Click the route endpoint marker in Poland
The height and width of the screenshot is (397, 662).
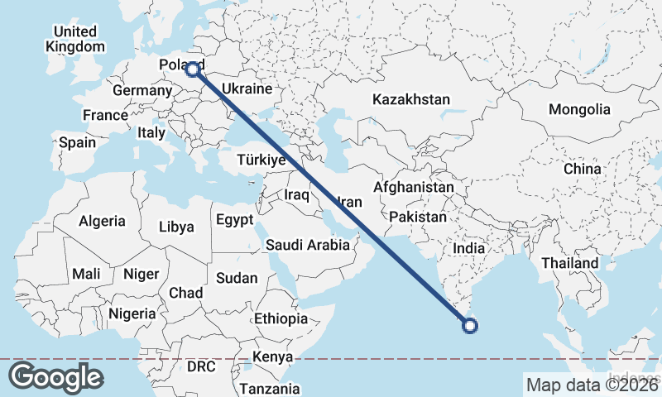click(x=192, y=69)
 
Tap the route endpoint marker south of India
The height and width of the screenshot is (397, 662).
click(x=470, y=326)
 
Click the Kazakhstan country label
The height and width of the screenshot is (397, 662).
click(x=411, y=99)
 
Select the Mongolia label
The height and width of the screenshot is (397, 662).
click(x=579, y=109)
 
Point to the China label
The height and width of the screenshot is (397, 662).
click(x=583, y=169)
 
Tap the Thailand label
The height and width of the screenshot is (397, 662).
click(x=569, y=263)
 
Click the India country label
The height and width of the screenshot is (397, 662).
click(x=469, y=247)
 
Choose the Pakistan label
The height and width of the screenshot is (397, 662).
click(x=418, y=217)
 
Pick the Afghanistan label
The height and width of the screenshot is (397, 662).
click(x=413, y=188)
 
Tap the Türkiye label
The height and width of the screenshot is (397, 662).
click(x=261, y=160)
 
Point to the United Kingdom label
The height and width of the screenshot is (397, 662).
click(x=75, y=39)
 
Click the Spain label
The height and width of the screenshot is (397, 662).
click(x=77, y=142)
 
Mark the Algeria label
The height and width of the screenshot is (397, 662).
click(x=102, y=221)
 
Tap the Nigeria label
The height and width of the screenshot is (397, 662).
click(x=132, y=313)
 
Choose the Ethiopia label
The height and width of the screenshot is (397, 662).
click(x=281, y=318)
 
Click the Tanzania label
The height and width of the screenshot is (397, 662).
click(x=270, y=389)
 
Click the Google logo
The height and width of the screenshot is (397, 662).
click(x=55, y=377)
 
